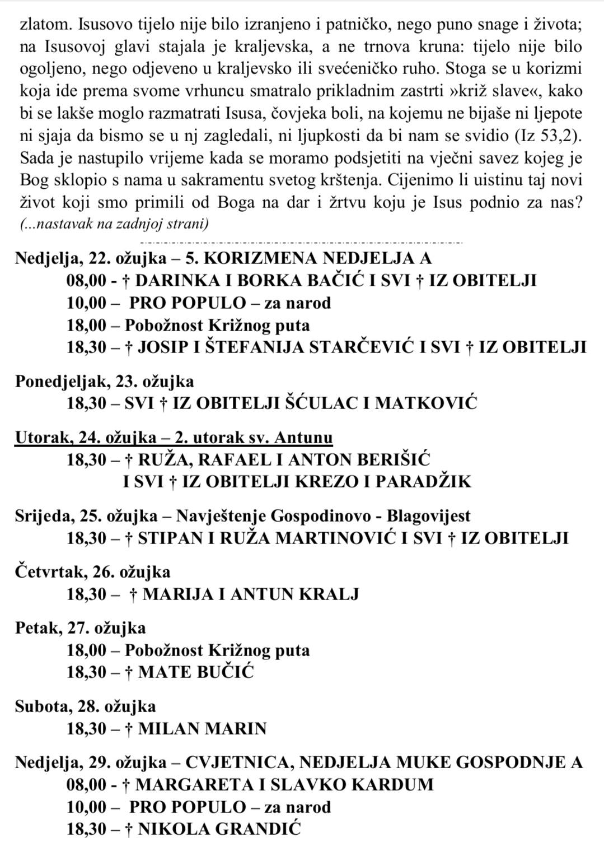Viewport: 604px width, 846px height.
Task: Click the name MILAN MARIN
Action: coord(202,729)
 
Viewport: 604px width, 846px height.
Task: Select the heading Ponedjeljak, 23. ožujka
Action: coord(105,382)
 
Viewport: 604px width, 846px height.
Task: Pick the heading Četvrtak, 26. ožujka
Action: coord(92,572)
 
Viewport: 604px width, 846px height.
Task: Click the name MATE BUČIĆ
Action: coord(195,672)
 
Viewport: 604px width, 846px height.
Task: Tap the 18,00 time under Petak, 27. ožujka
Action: coord(86,650)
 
